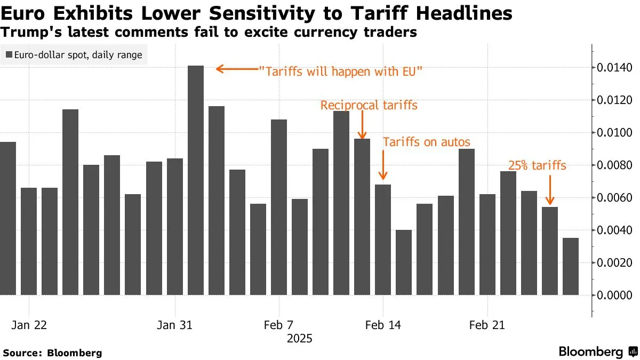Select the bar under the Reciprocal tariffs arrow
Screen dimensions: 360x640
363,217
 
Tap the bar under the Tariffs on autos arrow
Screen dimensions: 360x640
383,239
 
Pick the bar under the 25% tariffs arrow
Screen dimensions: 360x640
550,251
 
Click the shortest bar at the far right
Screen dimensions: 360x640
571,266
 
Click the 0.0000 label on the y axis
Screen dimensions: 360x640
614,295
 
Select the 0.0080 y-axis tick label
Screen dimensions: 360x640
614,165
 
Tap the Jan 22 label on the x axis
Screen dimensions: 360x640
29,325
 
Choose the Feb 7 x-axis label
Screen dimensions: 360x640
279,325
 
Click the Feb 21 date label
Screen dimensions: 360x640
487,325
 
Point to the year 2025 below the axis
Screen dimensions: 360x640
299,339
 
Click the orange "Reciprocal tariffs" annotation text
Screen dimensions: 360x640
369,106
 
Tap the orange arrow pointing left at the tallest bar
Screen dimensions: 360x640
235,69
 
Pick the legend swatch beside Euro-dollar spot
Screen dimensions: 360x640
9,54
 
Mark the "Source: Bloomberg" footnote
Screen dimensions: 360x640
52,353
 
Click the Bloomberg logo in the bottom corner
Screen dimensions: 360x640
597,352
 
